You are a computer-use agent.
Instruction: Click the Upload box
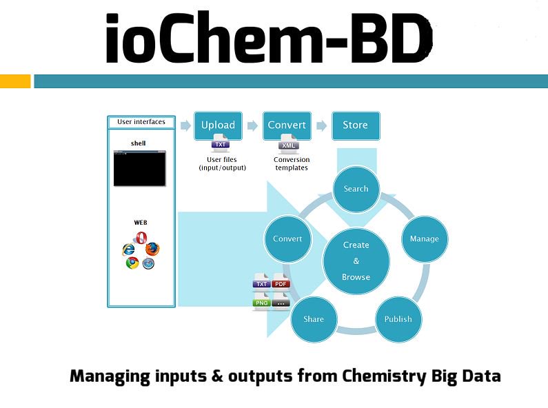pos(218,125)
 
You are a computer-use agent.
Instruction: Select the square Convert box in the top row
pos(287,125)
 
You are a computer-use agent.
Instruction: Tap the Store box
pos(356,125)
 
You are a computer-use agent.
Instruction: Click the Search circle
pos(356,189)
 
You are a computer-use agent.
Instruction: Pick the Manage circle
pos(424,239)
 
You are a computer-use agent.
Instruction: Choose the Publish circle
pos(398,319)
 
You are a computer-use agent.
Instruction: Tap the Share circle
pos(314,319)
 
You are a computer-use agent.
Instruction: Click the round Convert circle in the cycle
pos(287,239)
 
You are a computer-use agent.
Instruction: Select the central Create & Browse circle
pos(356,261)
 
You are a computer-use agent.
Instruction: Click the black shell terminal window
pos(140,168)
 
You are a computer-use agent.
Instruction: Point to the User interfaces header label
pos(141,123)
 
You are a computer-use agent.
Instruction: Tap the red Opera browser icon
pos(141,238)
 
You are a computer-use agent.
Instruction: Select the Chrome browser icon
pos(132,263)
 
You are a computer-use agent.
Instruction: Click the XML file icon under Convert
pos(288,145)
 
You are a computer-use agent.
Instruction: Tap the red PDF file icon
pos(281,283)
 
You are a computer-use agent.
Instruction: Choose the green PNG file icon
pos(262,301)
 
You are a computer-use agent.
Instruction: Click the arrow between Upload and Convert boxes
pos(252,125)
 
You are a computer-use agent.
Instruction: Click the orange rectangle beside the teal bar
pos(15,81)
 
